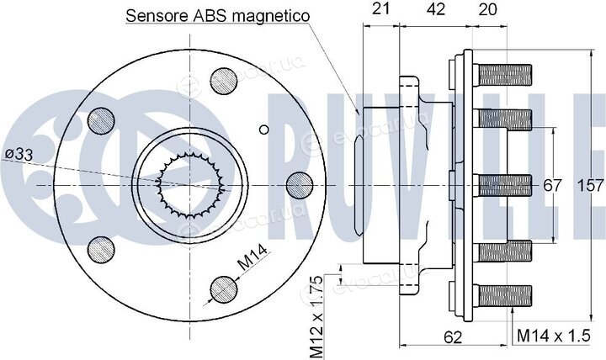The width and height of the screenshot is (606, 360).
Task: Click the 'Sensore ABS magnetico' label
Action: [x=218, y=16]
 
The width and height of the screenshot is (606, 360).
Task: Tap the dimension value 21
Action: [x=380, y=8]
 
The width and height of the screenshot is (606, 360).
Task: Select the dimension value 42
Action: [x=436, y=8]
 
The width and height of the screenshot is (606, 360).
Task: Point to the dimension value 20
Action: [x=487, y=9]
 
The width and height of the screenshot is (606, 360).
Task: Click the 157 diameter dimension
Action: [x=591, y=185]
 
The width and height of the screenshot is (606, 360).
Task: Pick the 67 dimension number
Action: [x=552, y=185]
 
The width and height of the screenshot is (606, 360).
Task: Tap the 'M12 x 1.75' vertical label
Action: [x=316, y=317]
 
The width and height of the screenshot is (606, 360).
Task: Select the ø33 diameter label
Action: [x=19, y=155]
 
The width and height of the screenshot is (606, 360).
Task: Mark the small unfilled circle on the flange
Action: [x=264, y=130]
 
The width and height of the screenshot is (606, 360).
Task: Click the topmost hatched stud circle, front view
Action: [x=224, y=81]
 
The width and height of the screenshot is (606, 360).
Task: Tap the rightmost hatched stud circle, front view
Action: [x=300, y=185]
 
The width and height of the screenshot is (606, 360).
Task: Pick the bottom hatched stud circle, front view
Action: [x=224, y=289]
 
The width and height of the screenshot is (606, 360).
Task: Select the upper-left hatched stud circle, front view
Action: [x=101, y=121]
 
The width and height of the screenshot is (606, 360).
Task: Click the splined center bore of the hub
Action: [x=190, y=185]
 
